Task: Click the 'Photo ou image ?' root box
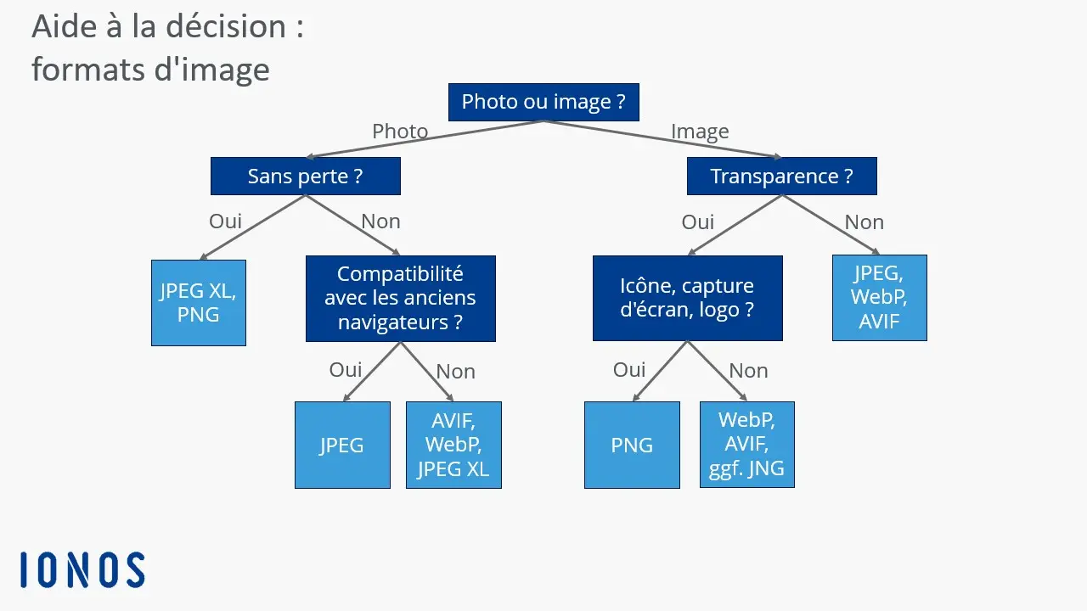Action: click(543, 102)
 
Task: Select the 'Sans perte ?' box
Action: click(305, 177)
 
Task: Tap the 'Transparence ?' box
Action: click(781, 177)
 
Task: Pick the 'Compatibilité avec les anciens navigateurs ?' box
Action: click(400, 299)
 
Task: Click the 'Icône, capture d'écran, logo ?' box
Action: click(687, 298)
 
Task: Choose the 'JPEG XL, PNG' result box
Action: click(199, 303)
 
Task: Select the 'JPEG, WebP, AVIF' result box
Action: click(879, 298)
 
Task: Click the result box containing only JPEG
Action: click(342, 445)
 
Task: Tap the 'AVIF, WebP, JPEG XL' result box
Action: click(453, 445)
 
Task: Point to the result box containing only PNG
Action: click(632, 445)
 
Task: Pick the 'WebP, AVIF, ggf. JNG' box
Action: click(746, 445)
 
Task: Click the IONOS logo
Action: click(82, 569)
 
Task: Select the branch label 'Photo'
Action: click(400, 132)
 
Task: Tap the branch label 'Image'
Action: click(700, 132)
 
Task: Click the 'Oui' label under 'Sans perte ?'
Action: click(226, 221)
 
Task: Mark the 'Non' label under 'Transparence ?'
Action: click(864, 222)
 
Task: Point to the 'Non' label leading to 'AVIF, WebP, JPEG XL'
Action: click(455, 372)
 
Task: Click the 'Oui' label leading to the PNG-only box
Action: click(629, 370)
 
